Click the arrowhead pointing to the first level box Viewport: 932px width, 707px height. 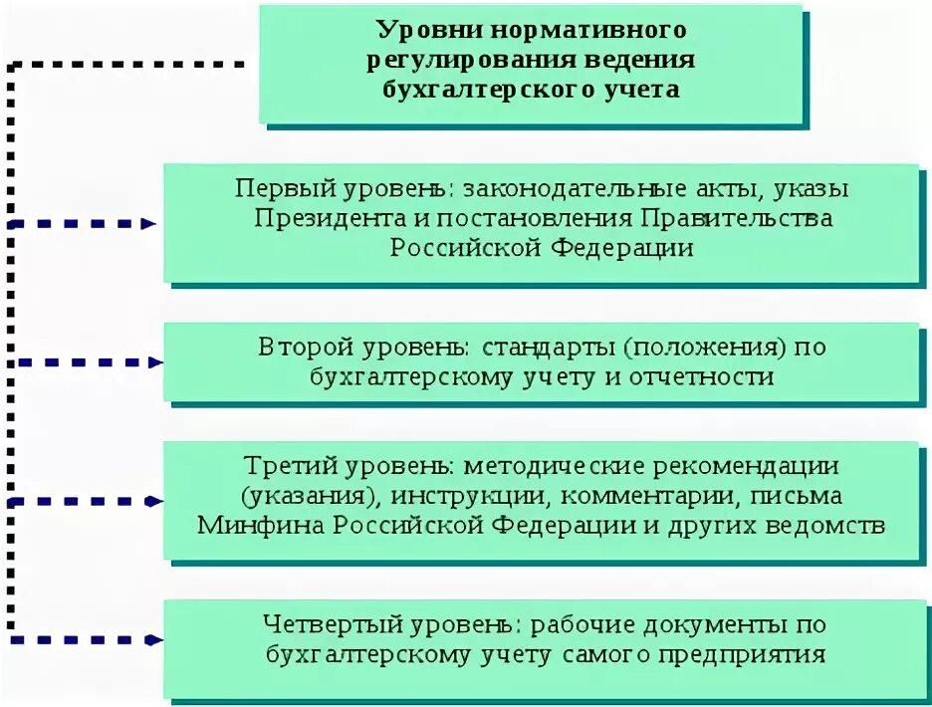(149, 224)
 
